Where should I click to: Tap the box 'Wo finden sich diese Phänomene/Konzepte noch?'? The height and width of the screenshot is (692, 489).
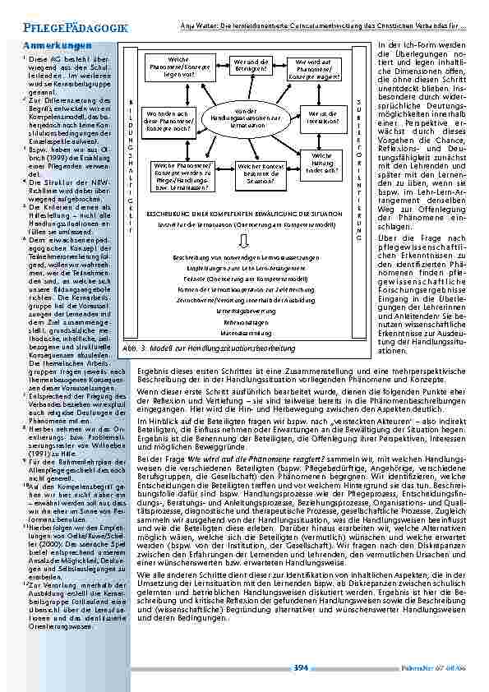pyautogui.click(x=171, y=120)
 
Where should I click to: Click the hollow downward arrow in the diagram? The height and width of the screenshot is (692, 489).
pyautogui.click(x=246, y=241)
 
